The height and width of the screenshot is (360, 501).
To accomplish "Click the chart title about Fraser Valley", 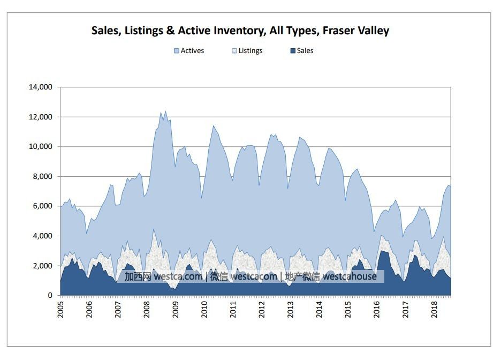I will pyautogui.click(x=240, y=31).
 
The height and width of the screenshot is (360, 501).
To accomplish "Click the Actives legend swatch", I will pyautogui.click(x=176, y=51).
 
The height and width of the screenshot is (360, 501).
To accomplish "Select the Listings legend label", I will pyautogui.click(x=250, y=51).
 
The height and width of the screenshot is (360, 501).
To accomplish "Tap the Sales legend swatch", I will pyautogui.click(x=292, y=51).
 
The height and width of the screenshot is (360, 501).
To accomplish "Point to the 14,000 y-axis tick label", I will pyautogui.click(x=40, y=87).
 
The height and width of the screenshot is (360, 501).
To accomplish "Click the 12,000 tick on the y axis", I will pyautogui.click(x=40, y=117).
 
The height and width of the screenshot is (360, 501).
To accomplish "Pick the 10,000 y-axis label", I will pyautogui.click(x=40, y=147).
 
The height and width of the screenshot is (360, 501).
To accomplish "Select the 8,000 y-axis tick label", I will pyautogui.click(x=42, y=176).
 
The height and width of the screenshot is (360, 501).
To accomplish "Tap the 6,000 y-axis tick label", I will pyautogui.click(x=42, y=206).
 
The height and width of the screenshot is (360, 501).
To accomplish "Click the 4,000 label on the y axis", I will pyautogui.click(x=42, y=236).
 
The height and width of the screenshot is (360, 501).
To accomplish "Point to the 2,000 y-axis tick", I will pyautogui.click(x=42, y=266).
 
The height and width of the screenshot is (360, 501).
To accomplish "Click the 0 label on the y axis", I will pyautogui.click(x=50, y=295).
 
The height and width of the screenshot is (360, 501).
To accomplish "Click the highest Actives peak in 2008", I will pyautogui.click(x=165, y=111).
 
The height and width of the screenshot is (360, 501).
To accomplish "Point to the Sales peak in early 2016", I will pyautogui.click(x=382, y=251).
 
